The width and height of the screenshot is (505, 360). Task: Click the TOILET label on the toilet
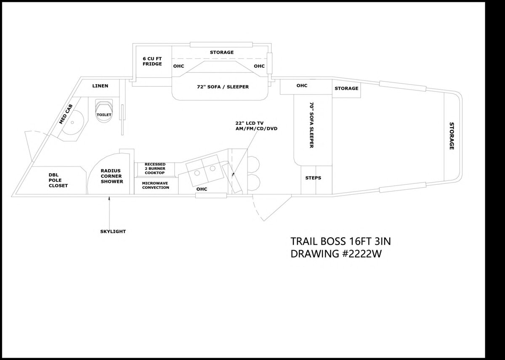point(104,115)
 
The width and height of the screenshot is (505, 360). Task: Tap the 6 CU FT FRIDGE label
point(152,61)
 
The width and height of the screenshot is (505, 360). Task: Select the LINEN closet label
point(100,86)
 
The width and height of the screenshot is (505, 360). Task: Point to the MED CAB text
point(66,114)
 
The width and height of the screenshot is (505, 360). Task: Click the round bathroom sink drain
point(72,122)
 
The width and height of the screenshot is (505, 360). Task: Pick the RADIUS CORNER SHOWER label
point(112,176)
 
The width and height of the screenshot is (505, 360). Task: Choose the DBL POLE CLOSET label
point(58,180)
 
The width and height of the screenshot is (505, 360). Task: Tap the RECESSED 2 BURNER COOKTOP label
point(155,169)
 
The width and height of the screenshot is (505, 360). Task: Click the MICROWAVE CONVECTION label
point(156,185)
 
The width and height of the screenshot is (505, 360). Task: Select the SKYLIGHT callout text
point(113,231)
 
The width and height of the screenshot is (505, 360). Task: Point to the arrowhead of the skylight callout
point(109,198)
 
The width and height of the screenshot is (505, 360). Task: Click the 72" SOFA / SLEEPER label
point(223,87)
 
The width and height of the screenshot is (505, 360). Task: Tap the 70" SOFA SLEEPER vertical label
point(311,125)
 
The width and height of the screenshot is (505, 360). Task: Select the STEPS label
point(313,178)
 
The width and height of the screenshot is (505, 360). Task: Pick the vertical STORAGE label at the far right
point(452,136)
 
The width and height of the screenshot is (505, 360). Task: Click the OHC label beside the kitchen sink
point(202,189)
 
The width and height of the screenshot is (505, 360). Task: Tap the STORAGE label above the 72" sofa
point(222,52)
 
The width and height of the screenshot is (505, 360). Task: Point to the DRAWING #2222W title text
point(336,254)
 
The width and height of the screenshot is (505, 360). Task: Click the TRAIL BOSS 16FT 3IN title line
point(340,241)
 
